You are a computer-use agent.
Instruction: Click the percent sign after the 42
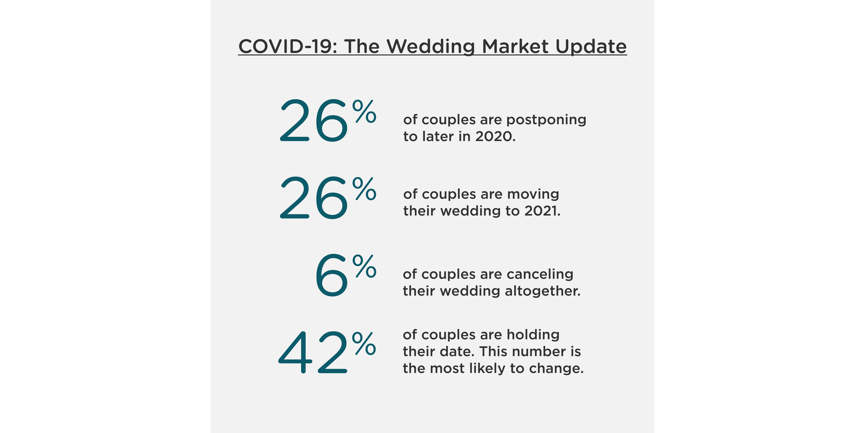tap(364, 344)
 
